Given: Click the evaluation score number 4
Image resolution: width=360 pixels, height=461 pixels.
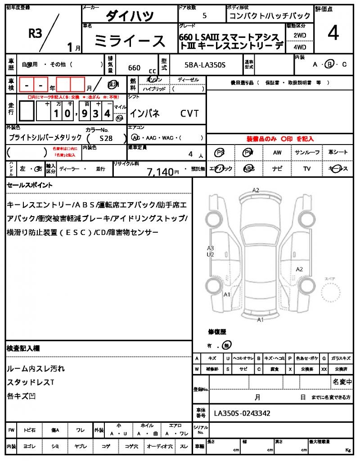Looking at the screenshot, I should click(x=333, y=34).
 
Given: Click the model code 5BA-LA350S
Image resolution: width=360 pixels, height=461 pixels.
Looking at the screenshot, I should click(x=205, y=66).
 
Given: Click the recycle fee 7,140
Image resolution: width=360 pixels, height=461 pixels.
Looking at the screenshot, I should click(x=160, y=172).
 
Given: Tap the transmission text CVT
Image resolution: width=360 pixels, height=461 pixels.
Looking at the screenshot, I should click(x=189, y=113).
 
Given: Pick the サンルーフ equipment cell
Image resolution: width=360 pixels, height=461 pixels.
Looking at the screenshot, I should click(x=307, y=153).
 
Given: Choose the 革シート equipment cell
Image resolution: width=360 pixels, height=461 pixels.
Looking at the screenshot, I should click(x=337, y=153).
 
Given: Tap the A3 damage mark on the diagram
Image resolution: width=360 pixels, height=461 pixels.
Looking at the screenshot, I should click(x=211, y=248).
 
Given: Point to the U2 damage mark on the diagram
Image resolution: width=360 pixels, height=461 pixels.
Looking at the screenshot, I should click(x=211, y=254).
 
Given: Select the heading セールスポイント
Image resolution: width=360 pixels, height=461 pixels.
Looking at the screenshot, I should click(x=29, y=185).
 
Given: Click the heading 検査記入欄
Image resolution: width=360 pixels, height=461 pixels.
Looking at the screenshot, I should click(x=23, y=348).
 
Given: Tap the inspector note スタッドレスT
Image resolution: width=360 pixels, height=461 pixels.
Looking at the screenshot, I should click(x=31, y=382).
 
